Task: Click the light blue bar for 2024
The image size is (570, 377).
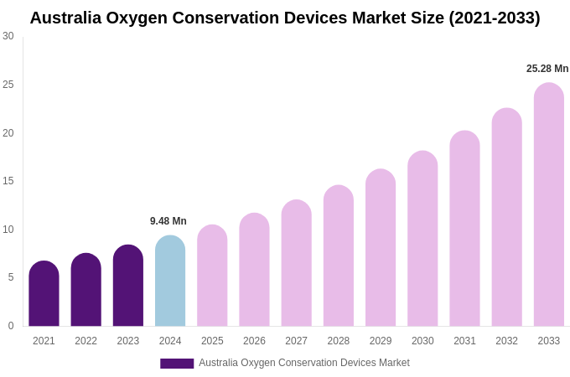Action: (170, 281)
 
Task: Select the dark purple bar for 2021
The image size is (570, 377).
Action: (44, 293)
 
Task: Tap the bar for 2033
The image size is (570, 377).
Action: (548, 204)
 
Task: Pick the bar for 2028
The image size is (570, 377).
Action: (338, 256)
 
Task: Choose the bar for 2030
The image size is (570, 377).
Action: (422, 239)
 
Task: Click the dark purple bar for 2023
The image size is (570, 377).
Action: (128, 286)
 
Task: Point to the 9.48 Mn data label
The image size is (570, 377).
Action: (168, 221)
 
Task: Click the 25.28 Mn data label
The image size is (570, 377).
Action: (547, 69)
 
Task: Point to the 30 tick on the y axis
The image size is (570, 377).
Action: (8, 36)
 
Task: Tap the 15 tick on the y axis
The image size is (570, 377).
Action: (8, 181)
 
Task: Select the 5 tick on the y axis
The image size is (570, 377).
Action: (11, 277)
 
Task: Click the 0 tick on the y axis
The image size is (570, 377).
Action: (11, 326)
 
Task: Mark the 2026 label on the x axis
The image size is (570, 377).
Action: (254, 341)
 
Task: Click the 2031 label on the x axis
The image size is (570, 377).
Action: (464, 341)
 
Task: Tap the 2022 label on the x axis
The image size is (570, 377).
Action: (85, 341)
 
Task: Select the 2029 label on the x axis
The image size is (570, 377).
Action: (381, 341)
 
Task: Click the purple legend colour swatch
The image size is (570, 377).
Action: (177, 364)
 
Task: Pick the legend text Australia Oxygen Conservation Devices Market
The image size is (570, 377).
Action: (304, 363)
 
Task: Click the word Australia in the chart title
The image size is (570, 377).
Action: (65, 18)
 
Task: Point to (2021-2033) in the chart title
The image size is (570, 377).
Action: (495, 18)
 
